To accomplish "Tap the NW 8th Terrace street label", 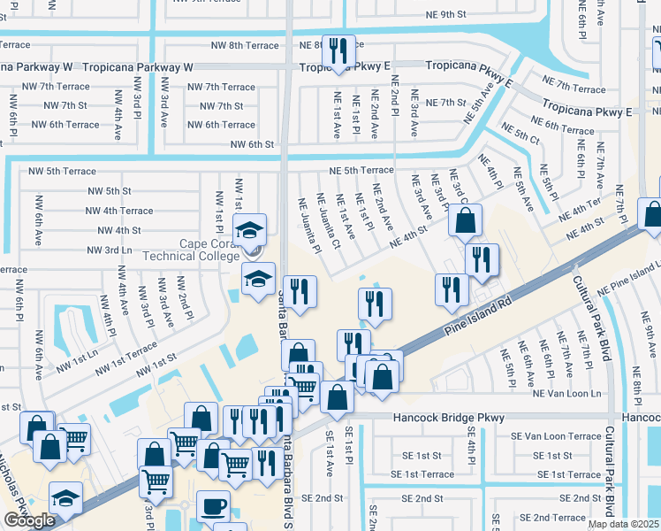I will (x=245, y=45).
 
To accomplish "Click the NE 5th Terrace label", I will (x=361, y=170).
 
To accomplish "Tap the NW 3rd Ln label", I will (x=109, y=250).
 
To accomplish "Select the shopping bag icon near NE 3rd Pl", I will (x=465, y=219).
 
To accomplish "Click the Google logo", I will (x=29, y=520).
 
